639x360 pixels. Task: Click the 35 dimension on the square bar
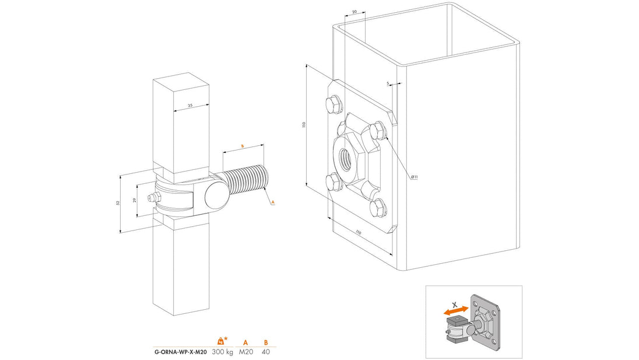pos(190,105)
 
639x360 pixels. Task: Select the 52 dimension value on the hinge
pos(117,202)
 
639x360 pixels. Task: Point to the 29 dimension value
pos(135,200)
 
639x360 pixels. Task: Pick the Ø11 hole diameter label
pos(415,176)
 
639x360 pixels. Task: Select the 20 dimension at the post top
pos(354,11)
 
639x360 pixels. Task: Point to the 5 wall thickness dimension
pos(388,83)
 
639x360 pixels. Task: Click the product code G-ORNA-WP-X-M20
pos(180,352)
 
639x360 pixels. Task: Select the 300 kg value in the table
pos(222,352)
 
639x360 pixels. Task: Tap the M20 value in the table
pos(246,352)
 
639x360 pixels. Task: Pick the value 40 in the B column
pos(266,352)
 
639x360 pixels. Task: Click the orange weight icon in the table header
pos(221,341)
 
